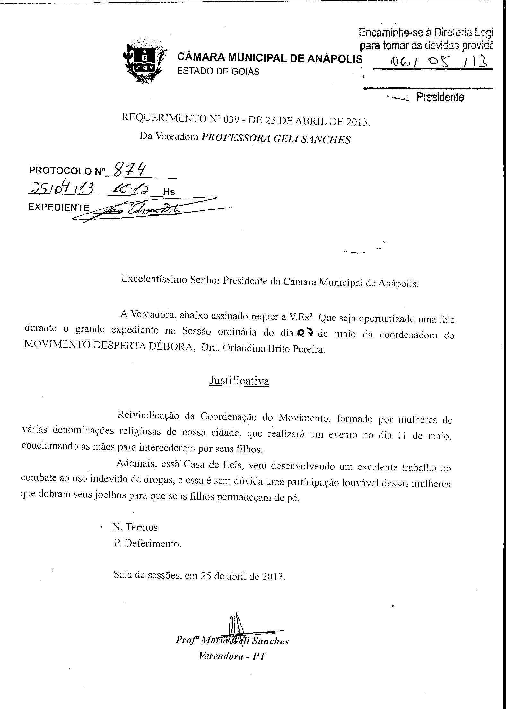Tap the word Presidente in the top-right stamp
[440, 97]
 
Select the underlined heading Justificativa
[239, 381]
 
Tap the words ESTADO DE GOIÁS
[218, 71]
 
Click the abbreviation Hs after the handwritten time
[169, 192]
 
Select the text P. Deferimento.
[147, 543]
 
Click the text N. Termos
[135, 527]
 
